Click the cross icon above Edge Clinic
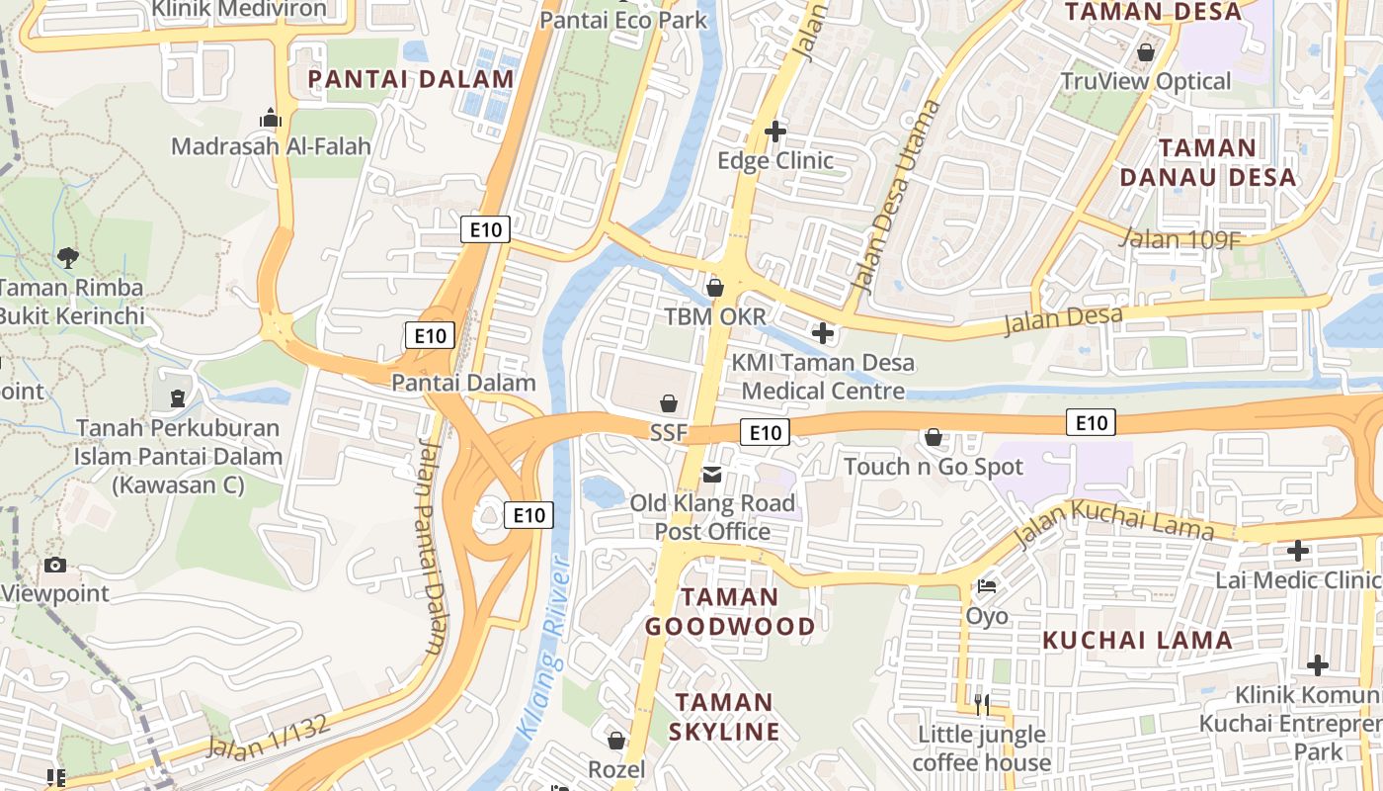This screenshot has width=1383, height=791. [775, 131]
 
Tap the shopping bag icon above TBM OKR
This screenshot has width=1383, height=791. [714, 288]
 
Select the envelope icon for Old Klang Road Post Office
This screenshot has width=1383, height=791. [711, 475]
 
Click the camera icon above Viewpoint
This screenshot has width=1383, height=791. [55, 566]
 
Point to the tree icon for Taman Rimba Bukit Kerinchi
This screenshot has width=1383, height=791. [68, 258]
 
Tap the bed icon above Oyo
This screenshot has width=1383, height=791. [986, 586]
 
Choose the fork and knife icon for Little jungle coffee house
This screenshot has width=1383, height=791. [981, 704]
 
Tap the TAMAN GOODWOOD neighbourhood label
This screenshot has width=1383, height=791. [730, 611]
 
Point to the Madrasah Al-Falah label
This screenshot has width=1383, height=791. [271, 146]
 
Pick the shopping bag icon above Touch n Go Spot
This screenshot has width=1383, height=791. [933, 436]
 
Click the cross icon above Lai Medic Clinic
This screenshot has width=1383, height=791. [1298, 551]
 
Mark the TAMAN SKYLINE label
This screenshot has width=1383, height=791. [724, 717]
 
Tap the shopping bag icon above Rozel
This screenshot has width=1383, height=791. [616, 740]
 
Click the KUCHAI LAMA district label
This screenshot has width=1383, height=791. [1137, 640]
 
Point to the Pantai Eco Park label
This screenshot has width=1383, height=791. [623, 19]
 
